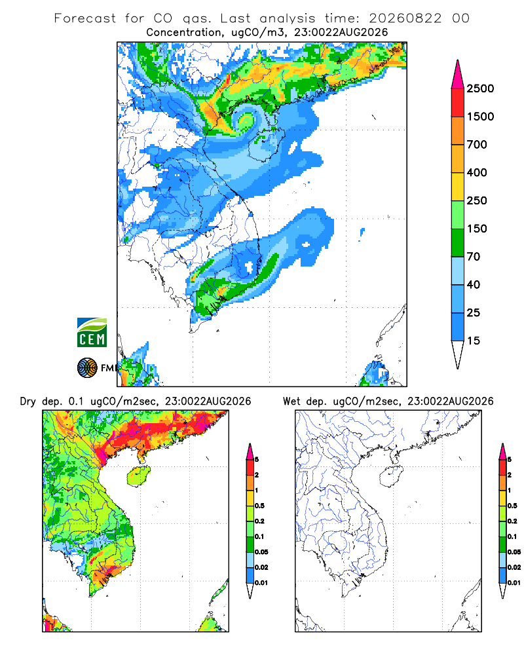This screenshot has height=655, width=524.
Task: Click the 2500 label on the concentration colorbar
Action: pyautogui.click(x=480, y=88)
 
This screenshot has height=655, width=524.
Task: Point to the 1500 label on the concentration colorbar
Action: pyautogui.click(x=480, y=117)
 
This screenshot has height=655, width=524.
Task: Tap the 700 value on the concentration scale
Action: pyautogui.click(x=477, y=145)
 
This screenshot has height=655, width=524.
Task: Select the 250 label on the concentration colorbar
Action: pyautogui.click(x=477, y=200)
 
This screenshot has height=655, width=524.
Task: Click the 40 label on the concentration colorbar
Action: pyautogui.click(x=474, y=284)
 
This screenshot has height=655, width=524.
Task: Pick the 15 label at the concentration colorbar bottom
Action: pyautogui.click(x=474, y=341)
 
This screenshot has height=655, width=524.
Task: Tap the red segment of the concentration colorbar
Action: pyautogui.click(x=458, y=103)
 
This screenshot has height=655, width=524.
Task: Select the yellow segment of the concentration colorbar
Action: pyautogui.click(x=458, y=187)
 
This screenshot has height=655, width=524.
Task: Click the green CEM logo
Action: pyautogui.click(x=92, y=333)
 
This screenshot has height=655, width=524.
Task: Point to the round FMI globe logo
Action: pyautogui.click(x=87, y=368)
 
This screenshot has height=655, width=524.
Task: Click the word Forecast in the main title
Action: pyautogui.click(x=85, y=18)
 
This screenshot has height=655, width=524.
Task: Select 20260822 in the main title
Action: pyautogui.click(x=405, y=18)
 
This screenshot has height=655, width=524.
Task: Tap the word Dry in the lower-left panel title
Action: pyautogui.click(x=28, y=402)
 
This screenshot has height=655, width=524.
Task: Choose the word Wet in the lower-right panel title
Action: pyautogui.click(x=291, y=402)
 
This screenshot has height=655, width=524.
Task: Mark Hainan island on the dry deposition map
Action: pyautogui.click(x=139, y=476)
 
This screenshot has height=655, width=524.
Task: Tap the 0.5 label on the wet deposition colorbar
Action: pyautogui.click(x=512, y=506)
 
